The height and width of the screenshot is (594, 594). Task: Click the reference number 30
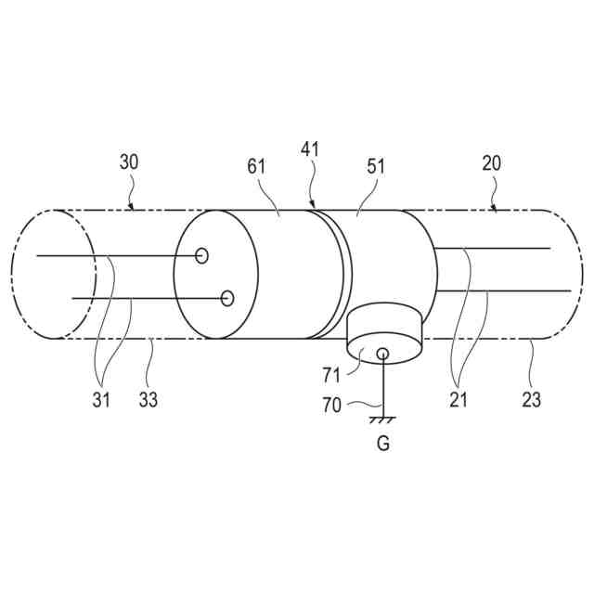(130, 162)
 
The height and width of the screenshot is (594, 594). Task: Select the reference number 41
(309, 148)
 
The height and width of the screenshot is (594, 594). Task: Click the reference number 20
(492, 162)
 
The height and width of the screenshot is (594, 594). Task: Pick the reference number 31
(102, 400)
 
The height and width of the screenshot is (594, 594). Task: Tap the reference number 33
(148, 400)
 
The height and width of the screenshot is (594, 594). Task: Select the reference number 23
(531, 400)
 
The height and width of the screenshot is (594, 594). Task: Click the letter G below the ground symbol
(382, 444)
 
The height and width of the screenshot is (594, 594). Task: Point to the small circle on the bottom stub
(381, 352)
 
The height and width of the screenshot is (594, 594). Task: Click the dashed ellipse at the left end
(54, 274)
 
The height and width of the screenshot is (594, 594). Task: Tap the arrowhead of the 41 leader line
(314, 204)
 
